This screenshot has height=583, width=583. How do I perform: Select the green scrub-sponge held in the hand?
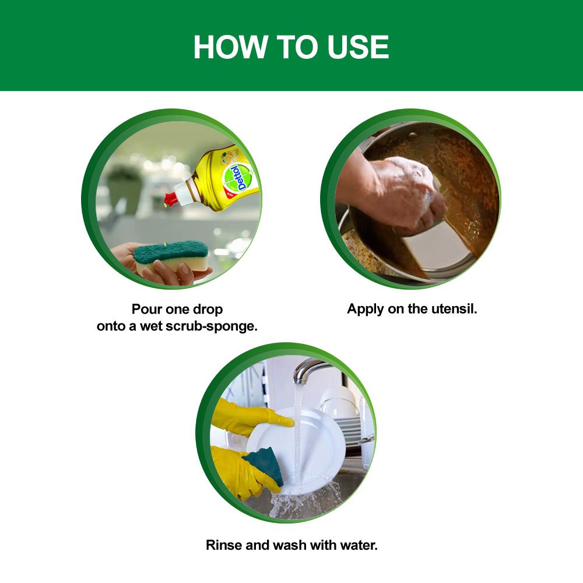(x=170, y=251)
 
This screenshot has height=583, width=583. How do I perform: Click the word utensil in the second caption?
(x=454, y=309)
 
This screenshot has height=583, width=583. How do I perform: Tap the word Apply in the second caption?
(x=365, y=309)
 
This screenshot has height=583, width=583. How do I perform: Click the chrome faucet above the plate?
(x=309, y=369)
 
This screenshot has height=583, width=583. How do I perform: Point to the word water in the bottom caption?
(x=359, y=546)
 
